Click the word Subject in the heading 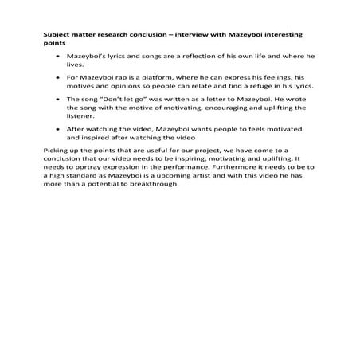(x=54, y=36)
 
